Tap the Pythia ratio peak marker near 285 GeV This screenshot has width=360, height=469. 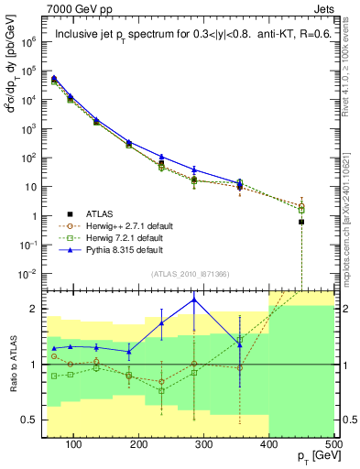pos(193,300)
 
